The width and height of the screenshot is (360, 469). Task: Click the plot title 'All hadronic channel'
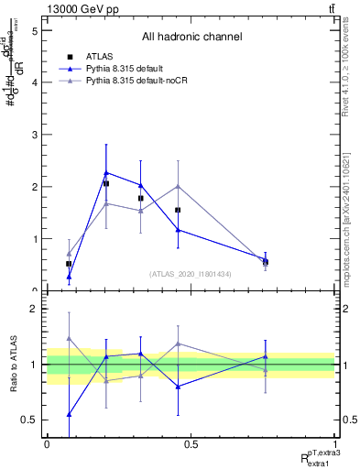(x=191, y=38)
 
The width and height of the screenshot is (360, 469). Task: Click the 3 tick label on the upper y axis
(x=35, y=135)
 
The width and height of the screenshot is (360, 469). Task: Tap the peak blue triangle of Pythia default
(x=106, y=172)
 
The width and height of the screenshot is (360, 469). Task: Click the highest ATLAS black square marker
(x=106, y=183)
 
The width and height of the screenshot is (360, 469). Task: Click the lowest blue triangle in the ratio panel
(x=69, y=414)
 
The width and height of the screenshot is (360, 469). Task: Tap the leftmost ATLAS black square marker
(x=69, y=264)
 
